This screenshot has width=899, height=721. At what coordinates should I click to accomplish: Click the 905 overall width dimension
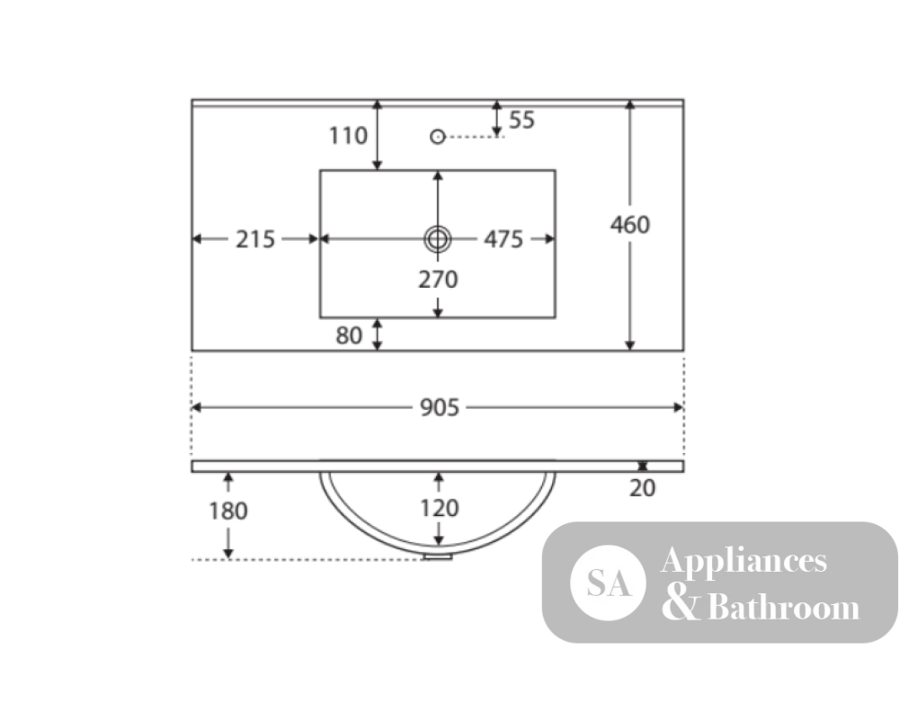(x=440, y=407)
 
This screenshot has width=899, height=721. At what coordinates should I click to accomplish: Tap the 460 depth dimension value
(x=630, y=225)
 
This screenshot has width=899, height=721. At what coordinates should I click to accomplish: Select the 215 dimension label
(x=255, y=239)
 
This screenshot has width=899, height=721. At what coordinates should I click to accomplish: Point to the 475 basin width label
(x=503, y=239)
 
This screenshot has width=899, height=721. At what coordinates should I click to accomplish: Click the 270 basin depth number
(x=438, y=279)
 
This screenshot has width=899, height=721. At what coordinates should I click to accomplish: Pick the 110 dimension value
(x=348, y=136)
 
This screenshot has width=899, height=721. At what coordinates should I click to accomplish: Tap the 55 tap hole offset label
(x=521, y=120)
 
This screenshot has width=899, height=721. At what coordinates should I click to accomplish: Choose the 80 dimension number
(x=349, y=336)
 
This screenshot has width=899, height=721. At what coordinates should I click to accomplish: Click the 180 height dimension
(x=228, y=511)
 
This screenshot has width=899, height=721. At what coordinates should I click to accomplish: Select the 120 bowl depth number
(x=440, y=508)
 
